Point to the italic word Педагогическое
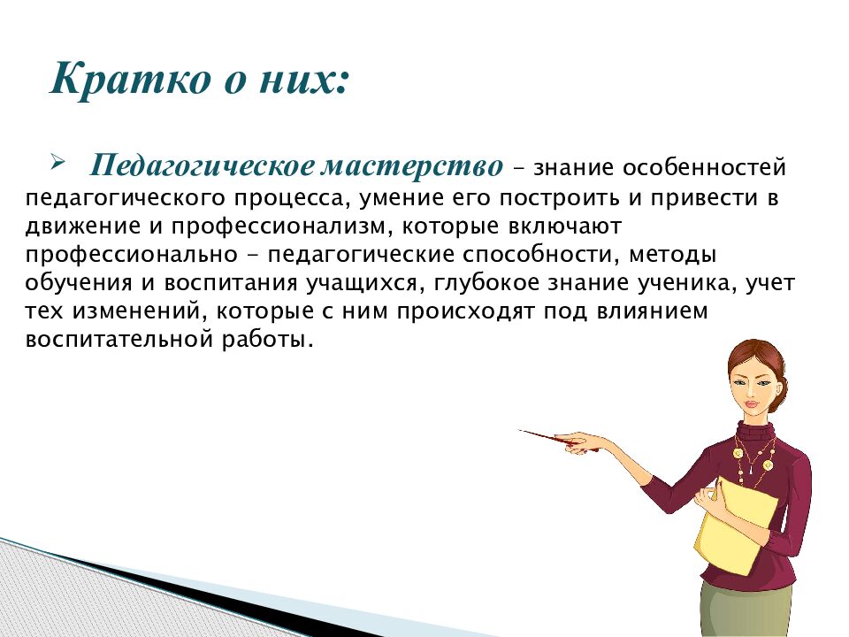coord(210,166)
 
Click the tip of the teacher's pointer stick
coord(522,431)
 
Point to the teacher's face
coord(750,386)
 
